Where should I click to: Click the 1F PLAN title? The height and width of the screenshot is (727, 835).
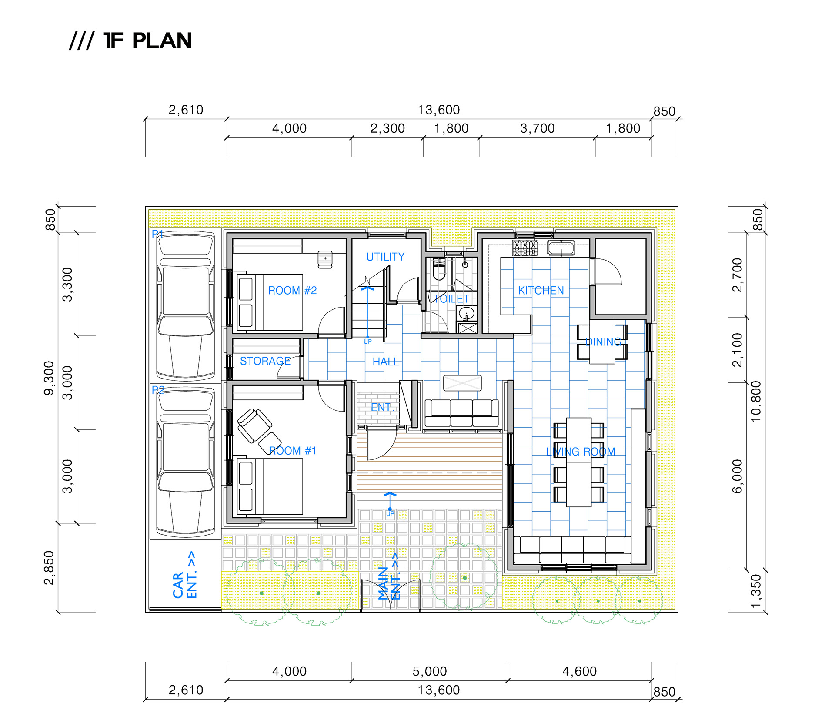coord(130,41)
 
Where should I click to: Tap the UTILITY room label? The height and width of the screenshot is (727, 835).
coord(385,257)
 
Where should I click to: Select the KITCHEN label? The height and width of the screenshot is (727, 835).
coord(541,291)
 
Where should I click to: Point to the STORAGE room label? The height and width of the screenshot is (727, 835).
coord(265,361)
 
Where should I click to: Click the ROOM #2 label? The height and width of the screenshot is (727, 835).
coord(292,291)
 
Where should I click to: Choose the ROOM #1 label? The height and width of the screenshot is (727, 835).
coord(293,451)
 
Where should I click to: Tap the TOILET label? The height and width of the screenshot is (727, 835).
coord(451,299)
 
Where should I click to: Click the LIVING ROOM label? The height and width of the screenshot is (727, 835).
coord(581,452)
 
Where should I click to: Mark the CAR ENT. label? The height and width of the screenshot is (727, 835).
coord(185,575)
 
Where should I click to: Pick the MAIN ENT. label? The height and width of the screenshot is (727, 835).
coord(389,576)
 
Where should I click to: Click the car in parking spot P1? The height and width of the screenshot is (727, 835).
coord(186,306)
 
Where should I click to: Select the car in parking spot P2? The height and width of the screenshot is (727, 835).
coord(186,461)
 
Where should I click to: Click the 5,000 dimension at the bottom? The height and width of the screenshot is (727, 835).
coord(430,671)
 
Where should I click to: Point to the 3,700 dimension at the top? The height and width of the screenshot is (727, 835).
coord(538,128)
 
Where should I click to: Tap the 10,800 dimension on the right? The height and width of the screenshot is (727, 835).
coord(756,401)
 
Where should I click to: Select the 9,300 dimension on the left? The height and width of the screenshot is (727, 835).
coord(49,378)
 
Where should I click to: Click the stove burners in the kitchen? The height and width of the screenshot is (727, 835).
coord(525,248)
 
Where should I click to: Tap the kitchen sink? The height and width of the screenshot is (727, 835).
coord(561,248)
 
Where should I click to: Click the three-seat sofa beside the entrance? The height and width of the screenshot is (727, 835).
coord(461,413)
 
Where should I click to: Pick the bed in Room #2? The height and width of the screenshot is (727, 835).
coord(270,302)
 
